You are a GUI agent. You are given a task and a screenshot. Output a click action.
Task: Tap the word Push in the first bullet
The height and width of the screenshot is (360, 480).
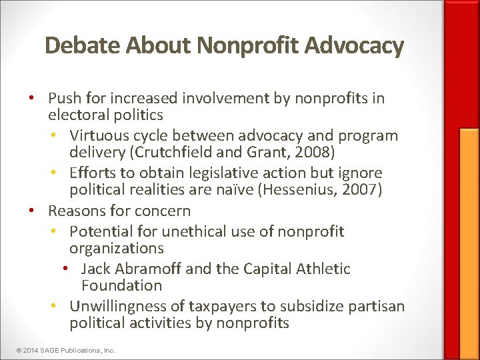pyautogui.click(x=65, y=99)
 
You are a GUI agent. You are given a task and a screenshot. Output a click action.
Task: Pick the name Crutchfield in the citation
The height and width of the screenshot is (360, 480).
pyautogui.click(x=167, y=153)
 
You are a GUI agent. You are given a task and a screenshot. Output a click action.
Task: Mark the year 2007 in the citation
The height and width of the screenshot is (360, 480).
pyautogui.click(x=361, y=190)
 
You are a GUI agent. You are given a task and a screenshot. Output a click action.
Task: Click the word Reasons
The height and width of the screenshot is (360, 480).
pyautogui.click(x=77, y=211)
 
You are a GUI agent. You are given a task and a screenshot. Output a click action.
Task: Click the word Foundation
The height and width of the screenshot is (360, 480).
pyautogui.click(x=121, y=285)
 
